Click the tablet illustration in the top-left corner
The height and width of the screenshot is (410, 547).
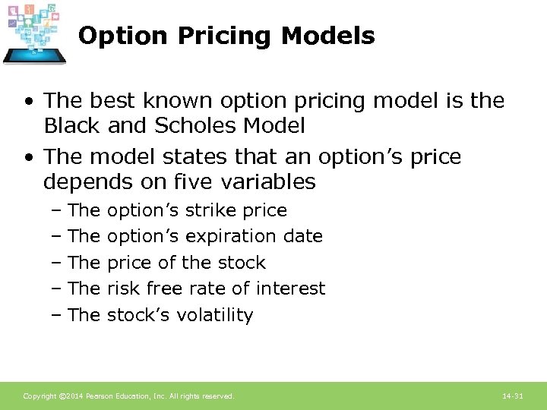pos(34,33)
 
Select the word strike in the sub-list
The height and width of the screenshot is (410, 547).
pos(212,210)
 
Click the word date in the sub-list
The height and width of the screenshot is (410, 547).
pos(303,236)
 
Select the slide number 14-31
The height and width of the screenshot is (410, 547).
pos(513,396)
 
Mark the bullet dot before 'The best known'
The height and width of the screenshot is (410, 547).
pos(28,101)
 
